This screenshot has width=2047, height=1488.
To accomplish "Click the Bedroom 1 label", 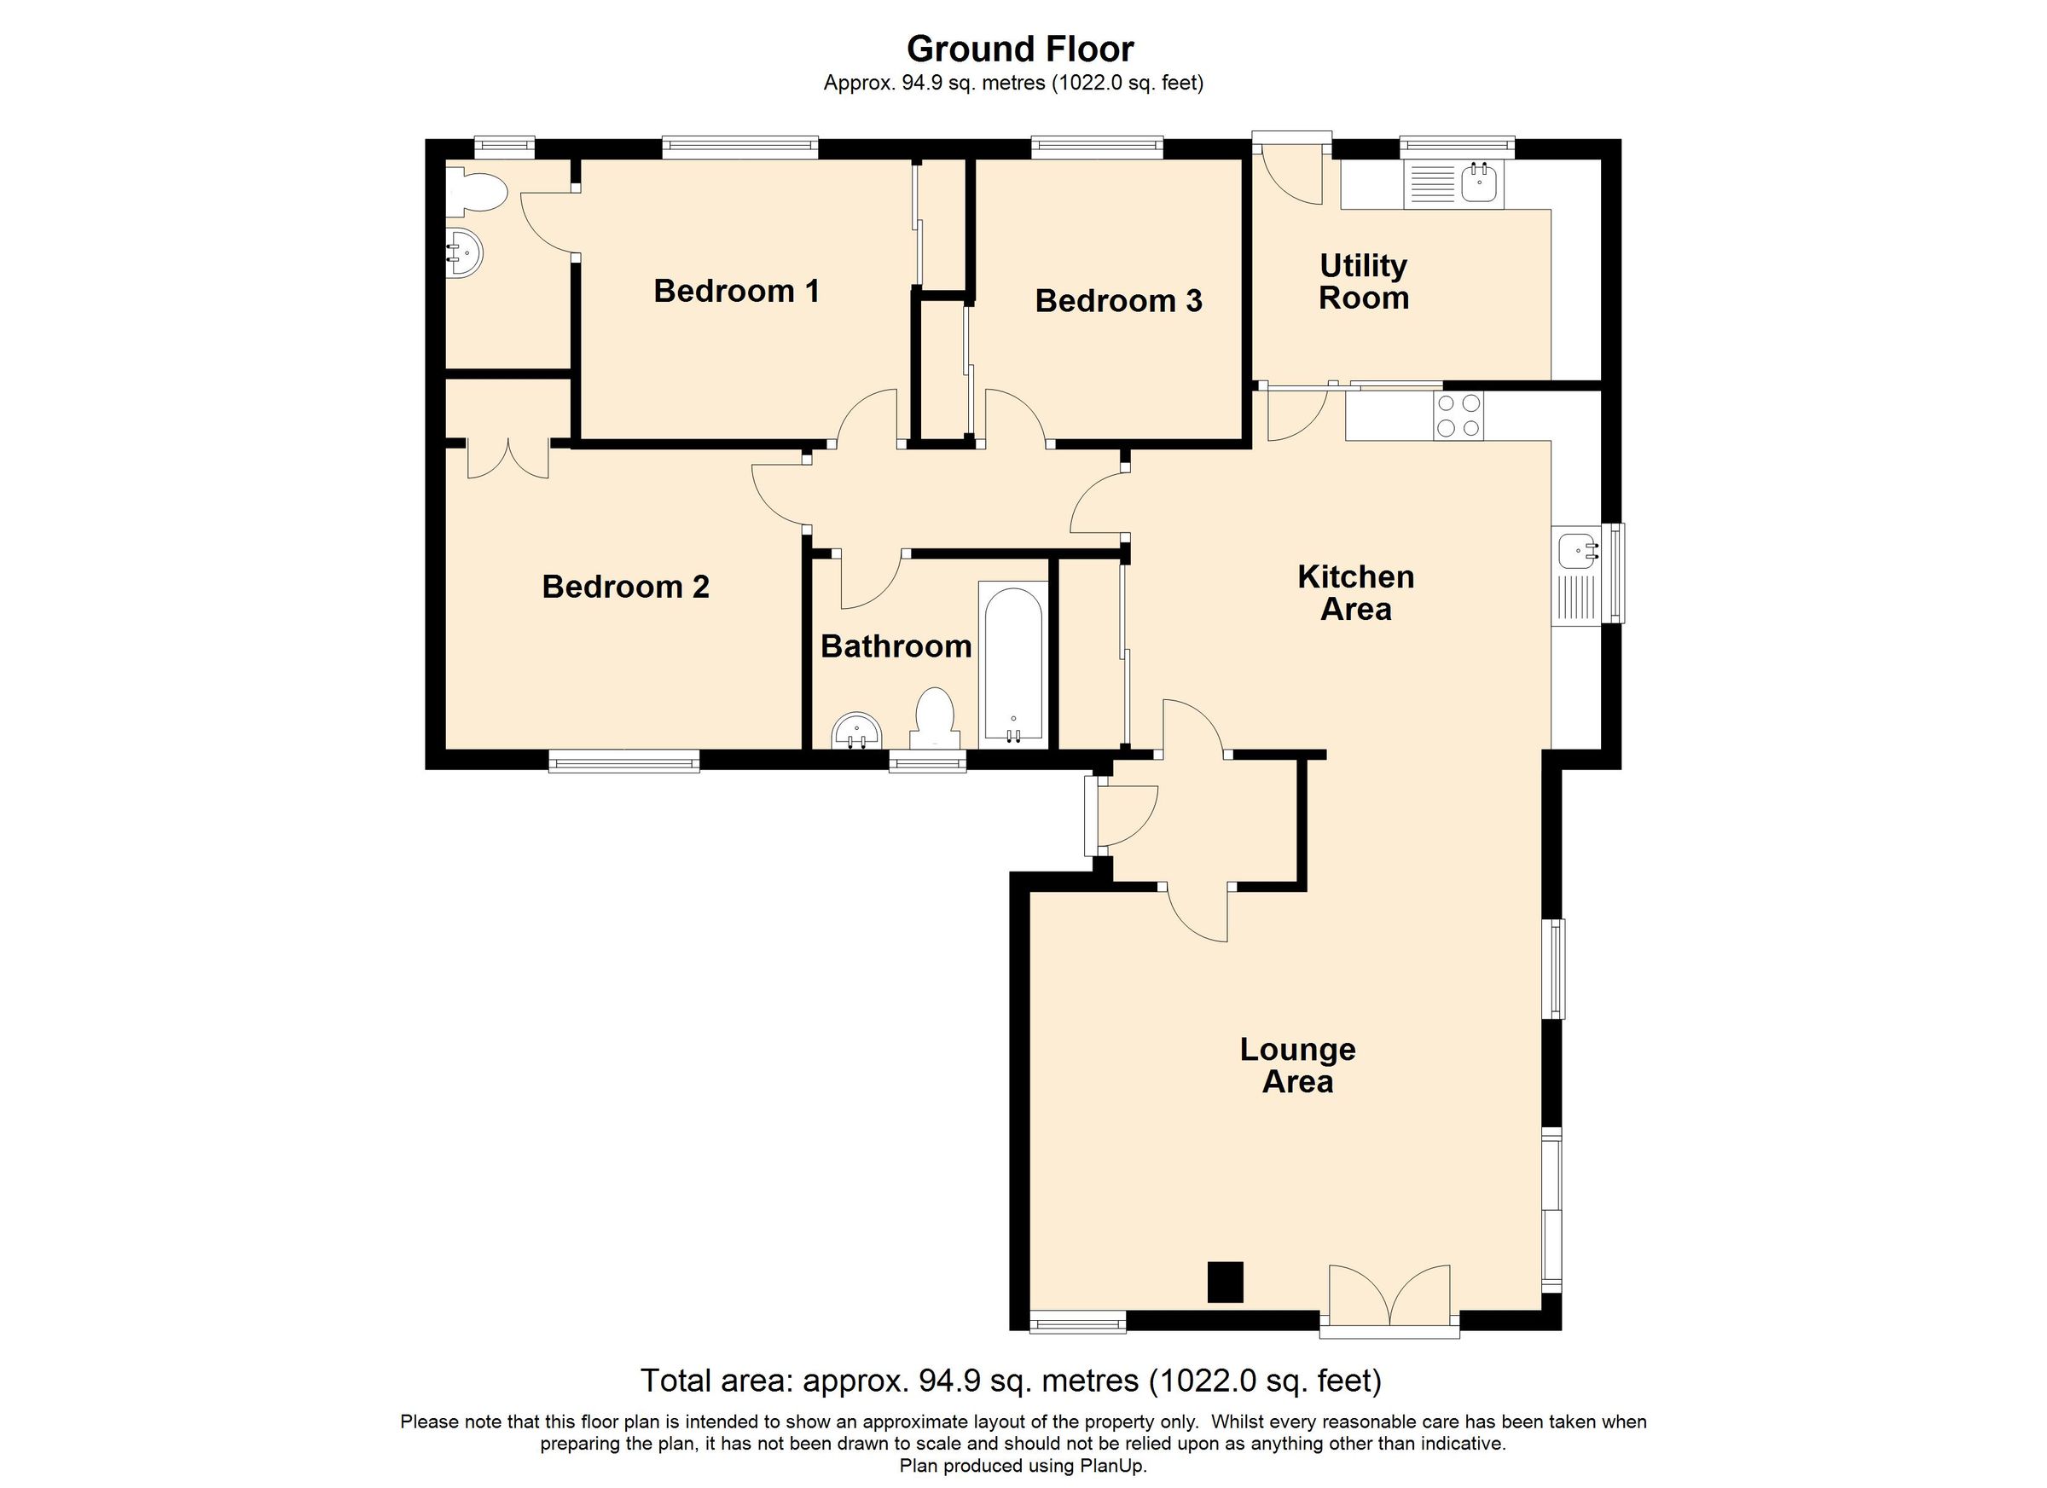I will click(736, 291).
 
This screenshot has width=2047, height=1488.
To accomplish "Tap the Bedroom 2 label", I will click(625, 587).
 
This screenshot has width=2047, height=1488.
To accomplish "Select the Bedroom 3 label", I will click(1118, 300).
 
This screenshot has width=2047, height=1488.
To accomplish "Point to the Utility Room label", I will click(1363, 281).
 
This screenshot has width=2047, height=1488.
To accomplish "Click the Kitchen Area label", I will click(1355, 593).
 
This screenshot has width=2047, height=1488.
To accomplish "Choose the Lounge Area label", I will click(1297, 1065).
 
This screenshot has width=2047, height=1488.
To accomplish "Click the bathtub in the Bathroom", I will click(1012, 666).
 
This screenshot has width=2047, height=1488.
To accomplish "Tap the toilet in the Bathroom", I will click(935, 718).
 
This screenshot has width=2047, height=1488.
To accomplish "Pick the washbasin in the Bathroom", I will click(855, 731).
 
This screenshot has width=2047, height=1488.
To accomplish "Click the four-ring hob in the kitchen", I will click(1458, 416).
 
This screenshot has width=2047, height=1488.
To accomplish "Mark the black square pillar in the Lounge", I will click(1225, 1282).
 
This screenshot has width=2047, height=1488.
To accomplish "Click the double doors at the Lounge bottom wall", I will click(1389, 1300).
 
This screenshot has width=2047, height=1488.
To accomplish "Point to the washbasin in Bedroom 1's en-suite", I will click(464, 252).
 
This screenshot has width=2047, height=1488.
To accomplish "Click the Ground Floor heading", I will click(1020, 49).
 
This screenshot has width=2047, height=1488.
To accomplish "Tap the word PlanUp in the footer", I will click(1112, 1467).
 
